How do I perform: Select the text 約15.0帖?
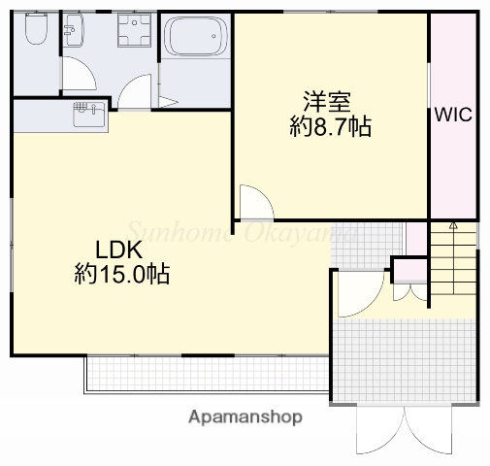coord(122,275)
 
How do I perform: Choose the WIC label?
coord(453,114)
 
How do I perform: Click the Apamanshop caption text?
coord(246,416)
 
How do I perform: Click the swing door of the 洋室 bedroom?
coord(256,201)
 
